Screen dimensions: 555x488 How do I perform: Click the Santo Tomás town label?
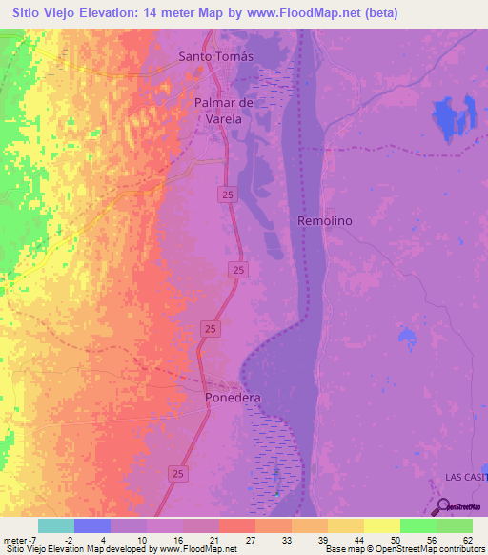click(218, 56)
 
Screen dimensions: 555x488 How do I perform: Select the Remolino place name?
click(325, 220)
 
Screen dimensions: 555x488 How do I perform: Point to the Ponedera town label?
click(234, 397)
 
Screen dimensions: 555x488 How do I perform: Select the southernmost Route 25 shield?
click(177, 472)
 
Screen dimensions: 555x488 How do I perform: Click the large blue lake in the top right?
click(447, 121)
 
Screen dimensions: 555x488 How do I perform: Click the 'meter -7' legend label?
click(22, 539)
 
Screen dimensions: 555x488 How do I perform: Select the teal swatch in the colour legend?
click(55, 525)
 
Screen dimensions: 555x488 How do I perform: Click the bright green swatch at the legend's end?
click(454, 525)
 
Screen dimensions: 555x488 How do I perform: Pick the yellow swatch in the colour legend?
click(381, 525)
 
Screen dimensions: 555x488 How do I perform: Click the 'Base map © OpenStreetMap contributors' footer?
click(403, 549)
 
